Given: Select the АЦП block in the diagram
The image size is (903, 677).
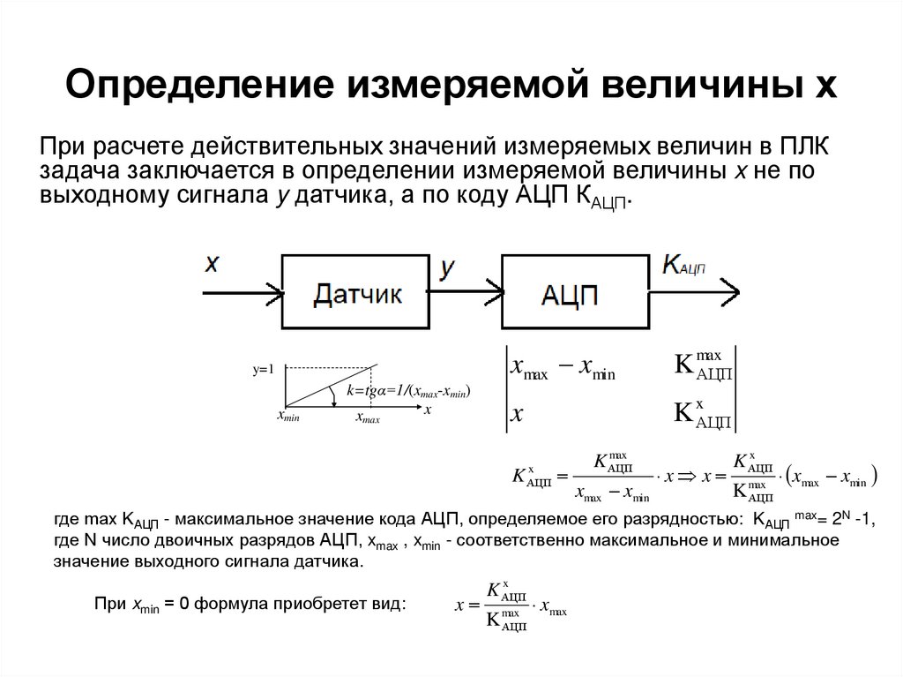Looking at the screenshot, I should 574,292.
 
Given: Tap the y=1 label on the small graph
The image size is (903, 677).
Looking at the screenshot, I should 264,370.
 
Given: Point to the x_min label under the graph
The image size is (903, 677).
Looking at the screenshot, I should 287,417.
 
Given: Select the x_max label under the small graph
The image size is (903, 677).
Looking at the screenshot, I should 368,418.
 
